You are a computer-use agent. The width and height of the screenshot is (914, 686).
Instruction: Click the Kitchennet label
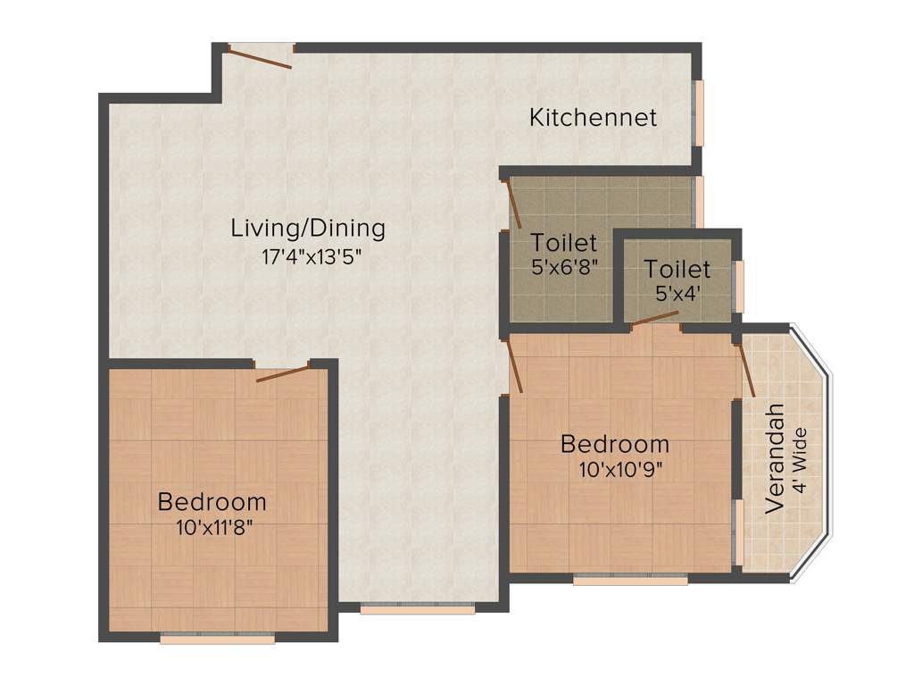(593, 117)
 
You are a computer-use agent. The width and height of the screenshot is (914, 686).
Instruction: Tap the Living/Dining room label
(308, 228)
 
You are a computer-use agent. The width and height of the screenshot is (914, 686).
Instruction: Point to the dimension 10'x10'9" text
(614, 467)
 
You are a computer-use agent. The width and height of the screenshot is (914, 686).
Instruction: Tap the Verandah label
(776, 458)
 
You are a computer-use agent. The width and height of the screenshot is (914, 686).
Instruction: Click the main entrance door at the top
(260, 55)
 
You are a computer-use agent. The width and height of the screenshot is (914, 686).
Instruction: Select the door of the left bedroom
(282, 372)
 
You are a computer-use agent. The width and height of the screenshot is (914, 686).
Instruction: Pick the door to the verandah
(746, 369)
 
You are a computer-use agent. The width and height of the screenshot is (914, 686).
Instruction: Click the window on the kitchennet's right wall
(700, 112)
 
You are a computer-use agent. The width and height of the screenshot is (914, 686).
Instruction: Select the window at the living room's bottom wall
(417, 610)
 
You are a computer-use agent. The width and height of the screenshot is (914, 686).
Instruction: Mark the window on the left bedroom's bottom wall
(217, 639)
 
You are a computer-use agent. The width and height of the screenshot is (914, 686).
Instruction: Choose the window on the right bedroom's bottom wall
(630, 580)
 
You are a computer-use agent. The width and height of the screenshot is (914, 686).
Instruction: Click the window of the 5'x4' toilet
(738, 285)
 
